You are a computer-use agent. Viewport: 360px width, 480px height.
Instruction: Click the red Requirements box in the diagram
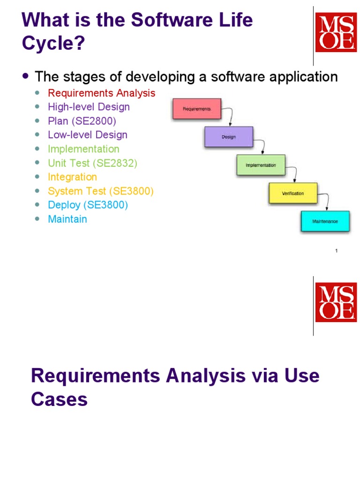pos(197,109)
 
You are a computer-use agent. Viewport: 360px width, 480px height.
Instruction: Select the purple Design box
pos(229,137)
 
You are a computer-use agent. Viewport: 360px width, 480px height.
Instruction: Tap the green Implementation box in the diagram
pos(261,165)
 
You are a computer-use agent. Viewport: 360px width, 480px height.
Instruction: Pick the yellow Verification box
pos(293,193)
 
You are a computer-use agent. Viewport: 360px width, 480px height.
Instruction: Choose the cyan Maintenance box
pos(325,221)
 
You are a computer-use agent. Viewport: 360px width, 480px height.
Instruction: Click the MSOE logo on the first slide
pos(336,32)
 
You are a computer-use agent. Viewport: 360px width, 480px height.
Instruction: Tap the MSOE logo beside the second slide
pos(336,302)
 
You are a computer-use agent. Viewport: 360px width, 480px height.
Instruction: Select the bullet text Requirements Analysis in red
pos(102,93)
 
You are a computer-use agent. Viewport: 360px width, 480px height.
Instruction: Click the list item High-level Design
pos(89,107)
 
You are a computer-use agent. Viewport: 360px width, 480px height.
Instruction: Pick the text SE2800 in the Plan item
pos(94,121)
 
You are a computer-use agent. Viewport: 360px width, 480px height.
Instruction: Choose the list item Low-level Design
pos(88,135)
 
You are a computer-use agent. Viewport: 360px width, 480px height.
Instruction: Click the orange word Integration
pos(72,177)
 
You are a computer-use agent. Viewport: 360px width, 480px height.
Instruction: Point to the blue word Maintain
pos(67,219)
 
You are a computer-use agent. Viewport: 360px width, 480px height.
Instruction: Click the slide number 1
pos(337,251)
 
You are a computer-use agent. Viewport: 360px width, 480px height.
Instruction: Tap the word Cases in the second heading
pos(60,399)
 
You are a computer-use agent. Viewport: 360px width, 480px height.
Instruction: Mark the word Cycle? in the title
pos(53,43)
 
